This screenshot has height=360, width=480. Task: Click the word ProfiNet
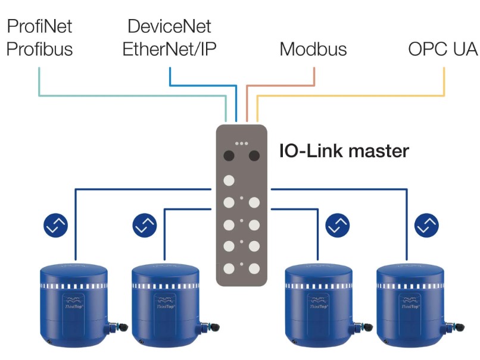pos(39,27)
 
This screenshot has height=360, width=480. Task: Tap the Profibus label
pos(39,48)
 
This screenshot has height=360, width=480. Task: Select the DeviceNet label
pos(169,27)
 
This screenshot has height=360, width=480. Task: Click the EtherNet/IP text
pos(169,48)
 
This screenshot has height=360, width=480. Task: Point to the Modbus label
pos(313,49)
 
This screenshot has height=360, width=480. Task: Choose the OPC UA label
pos(443,49)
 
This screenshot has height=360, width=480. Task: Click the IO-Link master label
pos(344,151)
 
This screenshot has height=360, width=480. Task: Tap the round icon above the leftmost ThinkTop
pos(56,225)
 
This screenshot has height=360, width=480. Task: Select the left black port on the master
pos(229,156)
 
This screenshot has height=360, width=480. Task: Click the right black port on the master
pos(254,156)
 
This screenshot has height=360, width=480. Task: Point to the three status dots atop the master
pos(241,143)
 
